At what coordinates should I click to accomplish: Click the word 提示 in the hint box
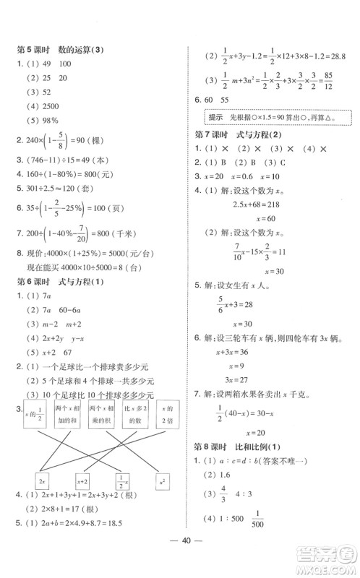coord(215,116)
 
